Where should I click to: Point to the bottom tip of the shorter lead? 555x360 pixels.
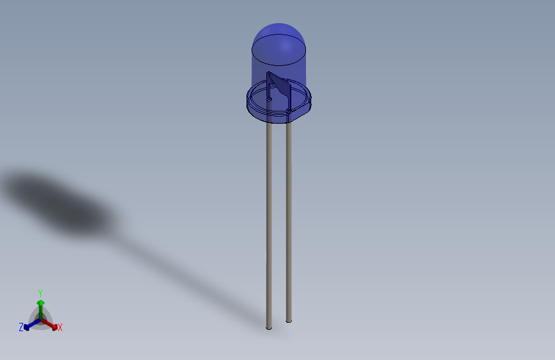[x=289, y=320]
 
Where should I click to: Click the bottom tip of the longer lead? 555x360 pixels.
[x=269, y=328]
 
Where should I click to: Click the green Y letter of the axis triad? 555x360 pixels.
[x=40, y=293]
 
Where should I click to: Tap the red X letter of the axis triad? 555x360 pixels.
[x=60, y=328]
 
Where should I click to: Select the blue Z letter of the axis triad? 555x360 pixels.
[x=21, y=327]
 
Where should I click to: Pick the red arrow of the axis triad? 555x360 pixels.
[x=51, y=323]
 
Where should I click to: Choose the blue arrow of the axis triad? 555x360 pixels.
[x=29, y=325]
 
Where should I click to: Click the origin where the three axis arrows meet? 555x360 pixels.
[x=40, y=318]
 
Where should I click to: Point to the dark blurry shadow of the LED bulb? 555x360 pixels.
[x=61, y=202]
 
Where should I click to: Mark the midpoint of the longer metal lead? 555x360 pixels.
[x=269, y=224]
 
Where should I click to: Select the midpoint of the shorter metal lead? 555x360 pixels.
[x=289, y=221]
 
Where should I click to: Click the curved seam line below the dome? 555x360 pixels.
[x=279, y=64]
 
